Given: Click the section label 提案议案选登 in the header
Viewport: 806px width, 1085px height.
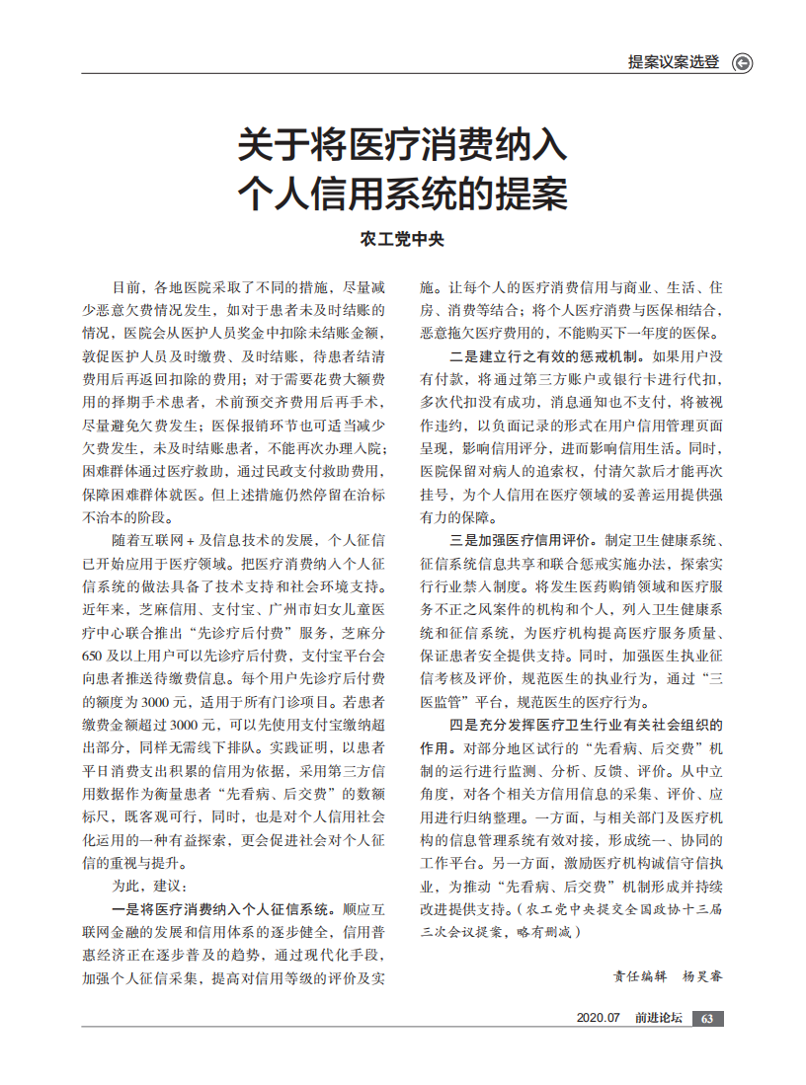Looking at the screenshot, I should (x=674, y=62).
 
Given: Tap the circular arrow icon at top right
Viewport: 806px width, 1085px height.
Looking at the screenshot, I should (x=743, y=63).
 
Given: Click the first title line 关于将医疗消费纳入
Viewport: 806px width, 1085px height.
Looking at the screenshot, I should (x=402, y=146).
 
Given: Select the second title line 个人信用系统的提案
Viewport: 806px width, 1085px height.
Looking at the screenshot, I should (x=402, y=194).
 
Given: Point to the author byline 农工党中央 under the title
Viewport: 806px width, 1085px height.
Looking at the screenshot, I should (x=402, y=239).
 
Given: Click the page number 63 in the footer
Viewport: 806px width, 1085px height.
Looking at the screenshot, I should (x=707, y=1019).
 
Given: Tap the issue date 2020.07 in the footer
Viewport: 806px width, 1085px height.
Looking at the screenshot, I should (x=598, y=1019).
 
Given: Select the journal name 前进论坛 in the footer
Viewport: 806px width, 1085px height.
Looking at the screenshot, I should (x=658, y=1019).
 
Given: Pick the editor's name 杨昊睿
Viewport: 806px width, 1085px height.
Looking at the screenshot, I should (x=702, y=976).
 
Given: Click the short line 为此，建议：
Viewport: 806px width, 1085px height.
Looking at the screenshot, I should (x=144, y=886).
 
